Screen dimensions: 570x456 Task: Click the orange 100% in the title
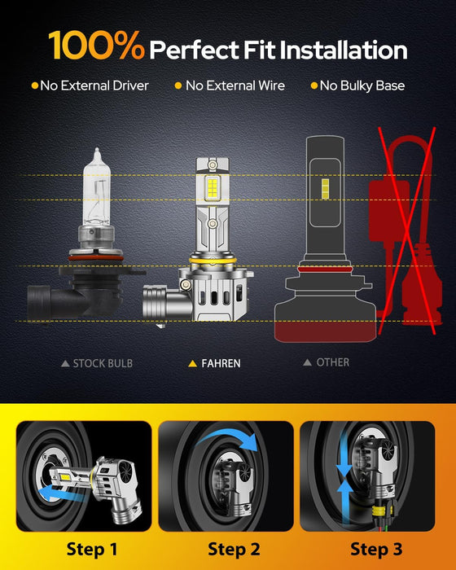coord(97,48)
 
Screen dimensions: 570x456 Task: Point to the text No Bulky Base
coord(362,85)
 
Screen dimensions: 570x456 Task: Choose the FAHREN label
coord(221,363)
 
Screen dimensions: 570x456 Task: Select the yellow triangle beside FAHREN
coord(192,363)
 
